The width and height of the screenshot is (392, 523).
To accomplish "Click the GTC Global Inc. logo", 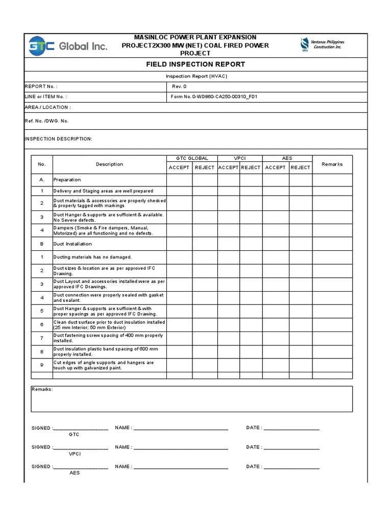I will (x=67, y=46).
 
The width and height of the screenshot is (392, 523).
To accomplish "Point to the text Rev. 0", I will (x=179, y=86).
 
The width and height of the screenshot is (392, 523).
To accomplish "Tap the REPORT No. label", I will (x=41, y=86).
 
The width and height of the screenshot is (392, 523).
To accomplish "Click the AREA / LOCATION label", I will (x=47, y=107).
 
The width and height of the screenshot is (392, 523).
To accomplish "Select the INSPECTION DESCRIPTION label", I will (x=58, y=139).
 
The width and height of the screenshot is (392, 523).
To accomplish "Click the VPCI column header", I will (x=240, y=158).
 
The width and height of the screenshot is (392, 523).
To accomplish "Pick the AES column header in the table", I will (x=287, y=158).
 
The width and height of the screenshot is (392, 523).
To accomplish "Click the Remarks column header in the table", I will (x=332, y=164).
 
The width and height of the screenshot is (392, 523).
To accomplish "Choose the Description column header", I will (x=109, y=164).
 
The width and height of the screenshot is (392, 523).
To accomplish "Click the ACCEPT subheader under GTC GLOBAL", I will (x=179, y=168).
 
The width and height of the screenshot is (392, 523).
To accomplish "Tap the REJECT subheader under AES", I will (x=300, y=168).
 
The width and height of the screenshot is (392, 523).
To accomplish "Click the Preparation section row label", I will (x=67, y=180).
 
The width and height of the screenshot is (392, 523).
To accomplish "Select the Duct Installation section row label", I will (x=72, y=244).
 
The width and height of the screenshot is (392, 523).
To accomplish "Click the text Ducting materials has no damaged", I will (x=92, y=257).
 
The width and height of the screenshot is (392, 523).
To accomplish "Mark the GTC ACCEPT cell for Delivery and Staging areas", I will (x=179, y=191).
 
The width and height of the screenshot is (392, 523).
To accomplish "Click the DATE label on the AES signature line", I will (x=254, y=466).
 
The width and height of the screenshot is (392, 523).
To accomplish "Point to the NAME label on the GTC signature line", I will (x=124, y=427).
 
